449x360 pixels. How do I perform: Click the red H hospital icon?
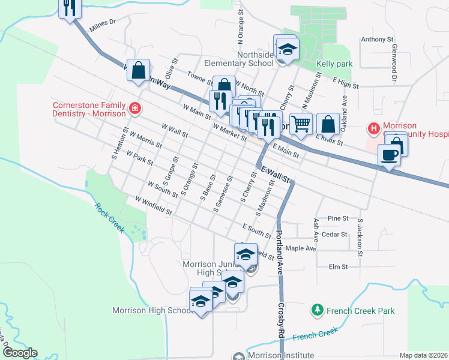(x=373, y=128)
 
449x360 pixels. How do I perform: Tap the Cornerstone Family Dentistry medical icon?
(x=136, y=109)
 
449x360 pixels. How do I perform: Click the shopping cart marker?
(x=301, y=124)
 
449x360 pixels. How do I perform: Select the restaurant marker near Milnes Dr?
(x=70, y=7)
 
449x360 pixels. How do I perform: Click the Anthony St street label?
(x=376, y=40)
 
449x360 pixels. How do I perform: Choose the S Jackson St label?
(x=360, y=238)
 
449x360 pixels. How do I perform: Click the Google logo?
(x=20, y=353)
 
